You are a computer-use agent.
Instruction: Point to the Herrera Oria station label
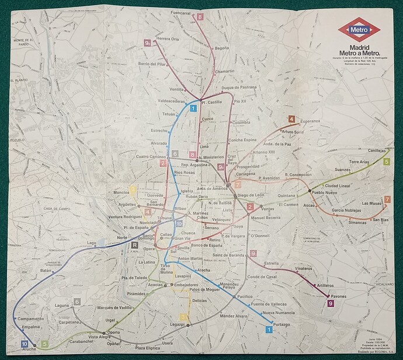click(x=168, y=39)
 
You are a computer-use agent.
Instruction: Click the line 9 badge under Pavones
click(x=331, y=303)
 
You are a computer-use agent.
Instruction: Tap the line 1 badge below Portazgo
click(x=269, y=330)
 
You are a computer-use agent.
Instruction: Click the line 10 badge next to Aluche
click(x=24, y=344)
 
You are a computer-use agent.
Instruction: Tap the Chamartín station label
click(x=224, y=71)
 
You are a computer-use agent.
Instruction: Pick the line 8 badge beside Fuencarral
click(x=200, y=18)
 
